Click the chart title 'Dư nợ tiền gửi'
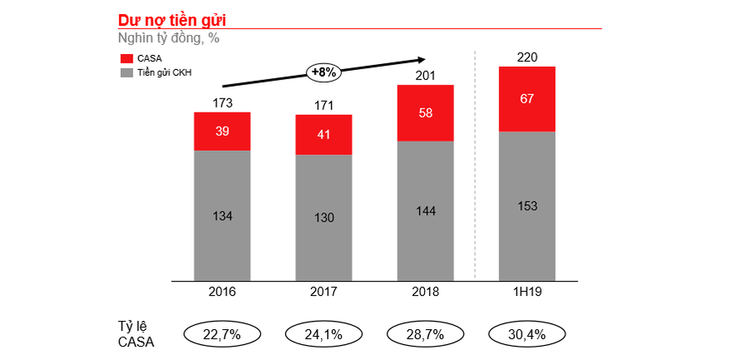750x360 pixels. [x=172, y=17]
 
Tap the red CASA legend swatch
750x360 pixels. [x=127, y=58]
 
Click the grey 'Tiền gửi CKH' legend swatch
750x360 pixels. [x=127, y=72]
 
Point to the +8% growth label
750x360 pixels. [x=323, y=72]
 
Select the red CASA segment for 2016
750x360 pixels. [x=222, y=132]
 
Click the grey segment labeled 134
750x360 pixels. [x=222, y=216]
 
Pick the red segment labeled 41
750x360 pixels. [x=323, y=134]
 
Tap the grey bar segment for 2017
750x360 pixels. [x=323, y=217]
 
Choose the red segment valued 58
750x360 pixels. [x=425, y=113]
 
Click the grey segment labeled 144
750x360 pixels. [x=425, y=211]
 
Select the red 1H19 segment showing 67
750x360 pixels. [x=527, y=99]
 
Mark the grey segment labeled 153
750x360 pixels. [x=527, y=206]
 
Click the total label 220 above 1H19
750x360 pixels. [x=527, y=57]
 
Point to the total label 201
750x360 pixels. [x=425, y=75]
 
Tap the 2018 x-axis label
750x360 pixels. [x=425, y=292]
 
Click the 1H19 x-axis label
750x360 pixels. [x=527, y=292]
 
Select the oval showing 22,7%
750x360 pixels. [x=222, y=334]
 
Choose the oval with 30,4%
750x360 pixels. [x=527, y=334]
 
